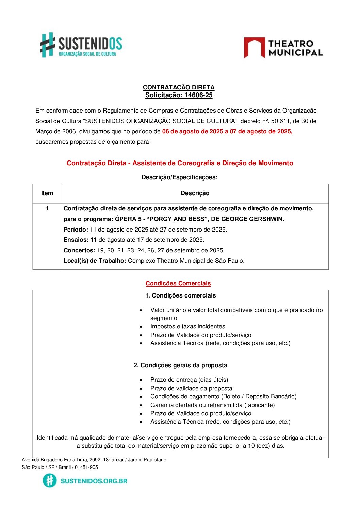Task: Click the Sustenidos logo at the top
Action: point(81,45)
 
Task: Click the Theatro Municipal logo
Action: point(283,48)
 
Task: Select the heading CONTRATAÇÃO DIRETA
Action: point(179,87)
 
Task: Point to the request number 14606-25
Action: point(198,95)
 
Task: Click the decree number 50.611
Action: point(280,121)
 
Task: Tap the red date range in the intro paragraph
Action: point(227,132)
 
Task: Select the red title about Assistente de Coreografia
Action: point(180,163)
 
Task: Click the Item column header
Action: point(47,193)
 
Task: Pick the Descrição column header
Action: point(195,193)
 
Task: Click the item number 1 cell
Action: point(47,208)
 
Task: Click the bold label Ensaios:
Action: point(76,240)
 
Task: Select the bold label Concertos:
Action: point(79,251)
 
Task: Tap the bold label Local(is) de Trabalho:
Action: point(95,261)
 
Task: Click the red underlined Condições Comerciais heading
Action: point(178,284)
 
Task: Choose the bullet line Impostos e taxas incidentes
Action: point(187,327)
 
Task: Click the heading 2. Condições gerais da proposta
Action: point(180,366)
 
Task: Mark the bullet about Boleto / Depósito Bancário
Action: point(223,397)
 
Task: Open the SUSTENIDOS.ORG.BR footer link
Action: point(94,481)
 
